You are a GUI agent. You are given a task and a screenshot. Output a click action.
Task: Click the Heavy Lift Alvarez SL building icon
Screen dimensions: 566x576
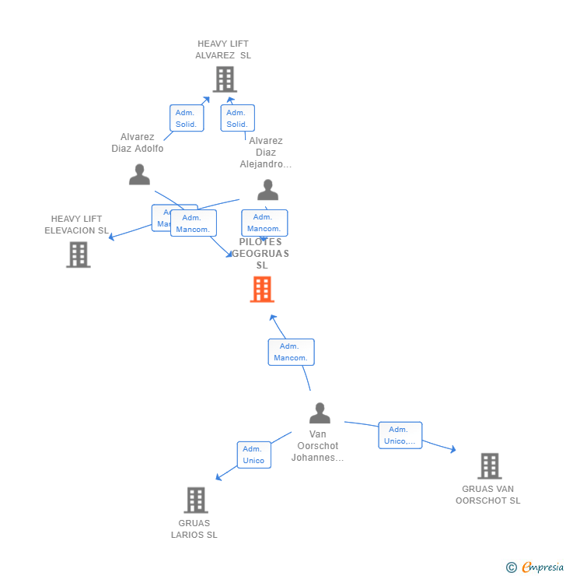click(225, 79)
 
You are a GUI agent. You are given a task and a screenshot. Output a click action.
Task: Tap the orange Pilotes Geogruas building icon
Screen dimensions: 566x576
click(262, 290)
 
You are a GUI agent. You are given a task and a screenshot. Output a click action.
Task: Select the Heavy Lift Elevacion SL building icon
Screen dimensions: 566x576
click(79, 255)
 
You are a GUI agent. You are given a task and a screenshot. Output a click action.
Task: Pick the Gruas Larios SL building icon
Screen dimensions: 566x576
click(196, 500)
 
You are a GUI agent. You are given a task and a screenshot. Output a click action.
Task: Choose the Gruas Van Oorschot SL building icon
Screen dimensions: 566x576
click(489, 465)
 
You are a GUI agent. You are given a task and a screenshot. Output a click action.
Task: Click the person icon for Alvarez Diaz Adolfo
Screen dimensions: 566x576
click(139, 174)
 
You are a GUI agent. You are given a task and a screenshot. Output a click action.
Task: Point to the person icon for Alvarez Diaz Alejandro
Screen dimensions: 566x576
click(267, 190)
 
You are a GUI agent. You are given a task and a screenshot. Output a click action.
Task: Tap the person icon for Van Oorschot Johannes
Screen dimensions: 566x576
click(320, 413)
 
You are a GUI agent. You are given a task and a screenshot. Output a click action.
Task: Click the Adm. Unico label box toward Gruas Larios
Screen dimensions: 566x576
click(253, 455)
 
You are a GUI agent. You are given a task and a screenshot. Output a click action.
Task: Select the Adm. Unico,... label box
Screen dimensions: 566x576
click(400, 435)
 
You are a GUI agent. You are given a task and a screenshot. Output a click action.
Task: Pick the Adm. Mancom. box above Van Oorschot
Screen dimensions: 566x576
click(291, 352)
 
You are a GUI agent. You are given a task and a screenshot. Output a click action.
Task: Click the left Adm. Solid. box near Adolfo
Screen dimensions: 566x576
click(186, 118)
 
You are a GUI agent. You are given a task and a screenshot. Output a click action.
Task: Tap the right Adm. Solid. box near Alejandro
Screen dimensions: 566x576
click(237, 118)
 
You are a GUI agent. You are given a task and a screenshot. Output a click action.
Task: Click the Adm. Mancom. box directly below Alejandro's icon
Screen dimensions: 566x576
click(264, 223)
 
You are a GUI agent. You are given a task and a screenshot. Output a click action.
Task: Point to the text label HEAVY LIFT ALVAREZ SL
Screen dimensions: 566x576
click(223, 50)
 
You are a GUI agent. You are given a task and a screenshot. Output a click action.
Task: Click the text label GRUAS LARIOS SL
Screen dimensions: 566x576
click(194, 529)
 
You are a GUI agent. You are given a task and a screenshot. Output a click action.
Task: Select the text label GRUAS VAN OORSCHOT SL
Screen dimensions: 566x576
click(488, 494)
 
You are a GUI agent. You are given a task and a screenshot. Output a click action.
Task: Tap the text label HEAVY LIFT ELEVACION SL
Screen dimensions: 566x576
click(76, 224)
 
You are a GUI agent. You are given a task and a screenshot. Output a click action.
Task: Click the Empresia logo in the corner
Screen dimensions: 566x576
click(536, 567)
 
